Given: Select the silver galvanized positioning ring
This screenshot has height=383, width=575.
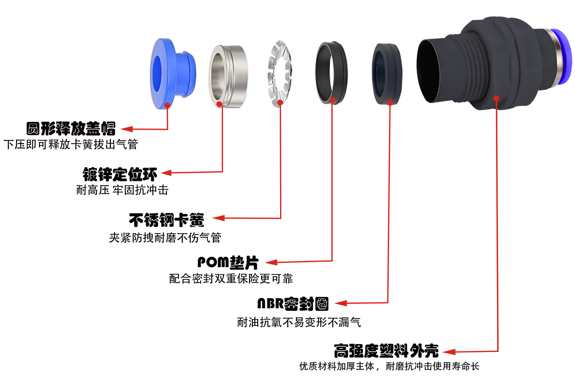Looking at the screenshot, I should pyautogui.click(x=228, y=76).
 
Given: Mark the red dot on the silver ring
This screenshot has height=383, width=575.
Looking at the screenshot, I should pyautogui.click(x=219, y=104).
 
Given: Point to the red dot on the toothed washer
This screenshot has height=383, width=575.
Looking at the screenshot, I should pyautogui.click(x=280, y=102).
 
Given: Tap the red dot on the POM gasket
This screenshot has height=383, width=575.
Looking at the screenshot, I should pyautogui.click(x=332, y=100).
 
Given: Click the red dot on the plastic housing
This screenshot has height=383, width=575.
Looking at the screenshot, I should pyautogui.click(x=496, y=98).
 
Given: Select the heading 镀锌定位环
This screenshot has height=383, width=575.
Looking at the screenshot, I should pyautogui.click(x=120, y=174).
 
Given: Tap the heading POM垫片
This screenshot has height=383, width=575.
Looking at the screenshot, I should pyautogui.click(x=228, y=262).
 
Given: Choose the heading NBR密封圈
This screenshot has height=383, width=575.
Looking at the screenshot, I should pyautogui.click(x=293, y=304).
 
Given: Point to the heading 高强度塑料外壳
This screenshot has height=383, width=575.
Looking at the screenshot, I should pyautogui.click(x=386, y=351).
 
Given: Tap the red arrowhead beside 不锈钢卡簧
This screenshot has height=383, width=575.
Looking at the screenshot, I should pyautogui.click(x=218, y=218).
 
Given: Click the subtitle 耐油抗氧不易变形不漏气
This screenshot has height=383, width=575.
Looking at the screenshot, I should pyautogui.click(x=299, y=323).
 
